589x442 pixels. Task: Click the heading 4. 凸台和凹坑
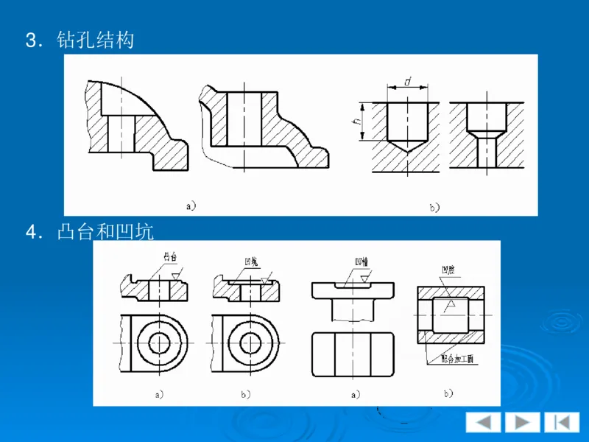[x=89, y=232]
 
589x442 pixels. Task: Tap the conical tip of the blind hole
[x=406, y=147]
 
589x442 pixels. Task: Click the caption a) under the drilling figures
[x=191, y=206]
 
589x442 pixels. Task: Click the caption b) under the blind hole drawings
[x=434, y=208]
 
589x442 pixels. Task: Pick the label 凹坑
[x=251, y=262]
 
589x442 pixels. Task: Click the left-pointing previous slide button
[x=483, y=422]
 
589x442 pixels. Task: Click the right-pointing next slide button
[x=522, y=422]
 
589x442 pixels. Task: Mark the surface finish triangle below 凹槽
[x=356, y=281]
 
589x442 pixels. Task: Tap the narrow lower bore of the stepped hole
[x=486, y=151]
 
